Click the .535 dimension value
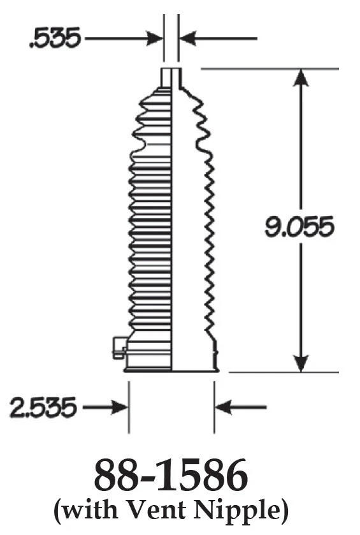[x=54, y=39]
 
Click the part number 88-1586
[x=171, y=475]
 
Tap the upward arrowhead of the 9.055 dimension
[x=300, y=78]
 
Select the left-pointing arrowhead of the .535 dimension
[x=186, y=39]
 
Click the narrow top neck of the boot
[x=169, y=76]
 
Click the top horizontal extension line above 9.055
[x=268, y=67]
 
